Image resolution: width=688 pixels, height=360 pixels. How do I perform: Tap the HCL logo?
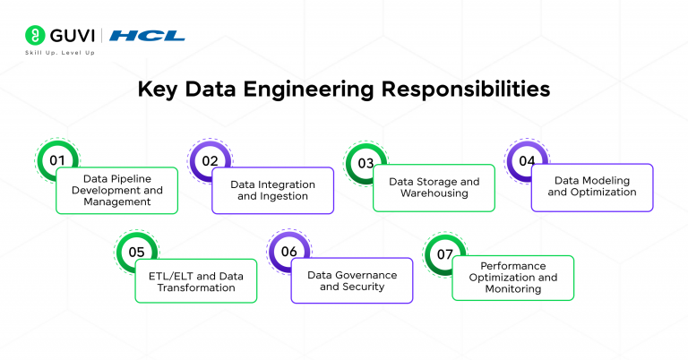tap(149, 36)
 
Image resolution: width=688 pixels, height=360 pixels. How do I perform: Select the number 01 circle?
tap(57, 161)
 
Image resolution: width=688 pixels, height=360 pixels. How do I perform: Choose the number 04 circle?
tap(527, 161)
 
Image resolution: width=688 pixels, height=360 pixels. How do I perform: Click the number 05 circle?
tap(136, 252)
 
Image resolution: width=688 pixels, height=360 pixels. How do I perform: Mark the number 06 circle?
tap(288, 252)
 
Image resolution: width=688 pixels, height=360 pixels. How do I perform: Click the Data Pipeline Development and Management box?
tap(116, 190)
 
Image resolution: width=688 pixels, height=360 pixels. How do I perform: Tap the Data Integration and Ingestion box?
tap(273, 190)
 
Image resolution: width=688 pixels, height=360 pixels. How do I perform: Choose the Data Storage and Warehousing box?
tap(434, 187)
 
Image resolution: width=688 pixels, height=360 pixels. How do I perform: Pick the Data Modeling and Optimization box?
tap(592, 186)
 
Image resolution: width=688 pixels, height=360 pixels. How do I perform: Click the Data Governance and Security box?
tap(352, 281)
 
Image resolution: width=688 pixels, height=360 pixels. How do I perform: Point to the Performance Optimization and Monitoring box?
tap(512, 278)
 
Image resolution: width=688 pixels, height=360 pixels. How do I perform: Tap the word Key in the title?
tap(158, 90)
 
